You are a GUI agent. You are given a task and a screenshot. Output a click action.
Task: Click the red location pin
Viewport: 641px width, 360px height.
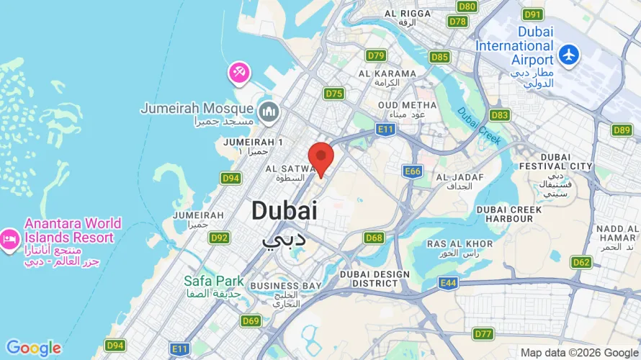[320, 157]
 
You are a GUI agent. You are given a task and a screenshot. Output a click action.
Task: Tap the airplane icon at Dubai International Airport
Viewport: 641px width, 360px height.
[569, 54]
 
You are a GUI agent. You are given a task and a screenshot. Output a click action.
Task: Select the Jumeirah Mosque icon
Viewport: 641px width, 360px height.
[269, 112]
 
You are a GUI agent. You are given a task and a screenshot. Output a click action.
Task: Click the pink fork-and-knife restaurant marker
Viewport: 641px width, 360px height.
[239, 72]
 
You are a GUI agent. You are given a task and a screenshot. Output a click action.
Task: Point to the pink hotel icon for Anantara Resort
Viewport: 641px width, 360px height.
[9, 238]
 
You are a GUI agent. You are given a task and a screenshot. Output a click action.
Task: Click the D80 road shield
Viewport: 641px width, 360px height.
[467, 6]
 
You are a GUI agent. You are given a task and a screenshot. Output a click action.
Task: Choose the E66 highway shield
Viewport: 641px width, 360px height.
[413, 171]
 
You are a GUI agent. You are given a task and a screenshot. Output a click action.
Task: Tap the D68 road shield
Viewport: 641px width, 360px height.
[374, 238]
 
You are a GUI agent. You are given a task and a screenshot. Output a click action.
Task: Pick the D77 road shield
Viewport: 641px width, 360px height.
[484, 333]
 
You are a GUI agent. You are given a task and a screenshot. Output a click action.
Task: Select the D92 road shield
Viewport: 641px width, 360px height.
[220, 238]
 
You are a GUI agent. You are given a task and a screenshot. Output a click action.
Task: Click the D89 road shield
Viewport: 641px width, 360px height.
[622, 130]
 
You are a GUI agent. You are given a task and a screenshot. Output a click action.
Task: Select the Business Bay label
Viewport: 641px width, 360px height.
[285, 286]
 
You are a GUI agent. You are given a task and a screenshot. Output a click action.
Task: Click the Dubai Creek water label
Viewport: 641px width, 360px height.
[478, 123]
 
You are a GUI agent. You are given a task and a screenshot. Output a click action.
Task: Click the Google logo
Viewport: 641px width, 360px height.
[34, 348]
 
